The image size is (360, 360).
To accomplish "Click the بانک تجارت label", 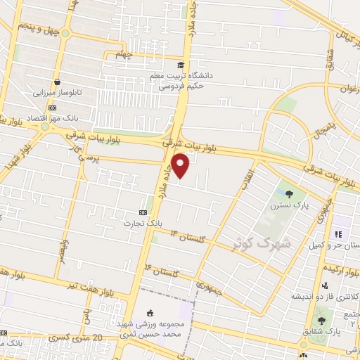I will [x=160, y=221].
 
